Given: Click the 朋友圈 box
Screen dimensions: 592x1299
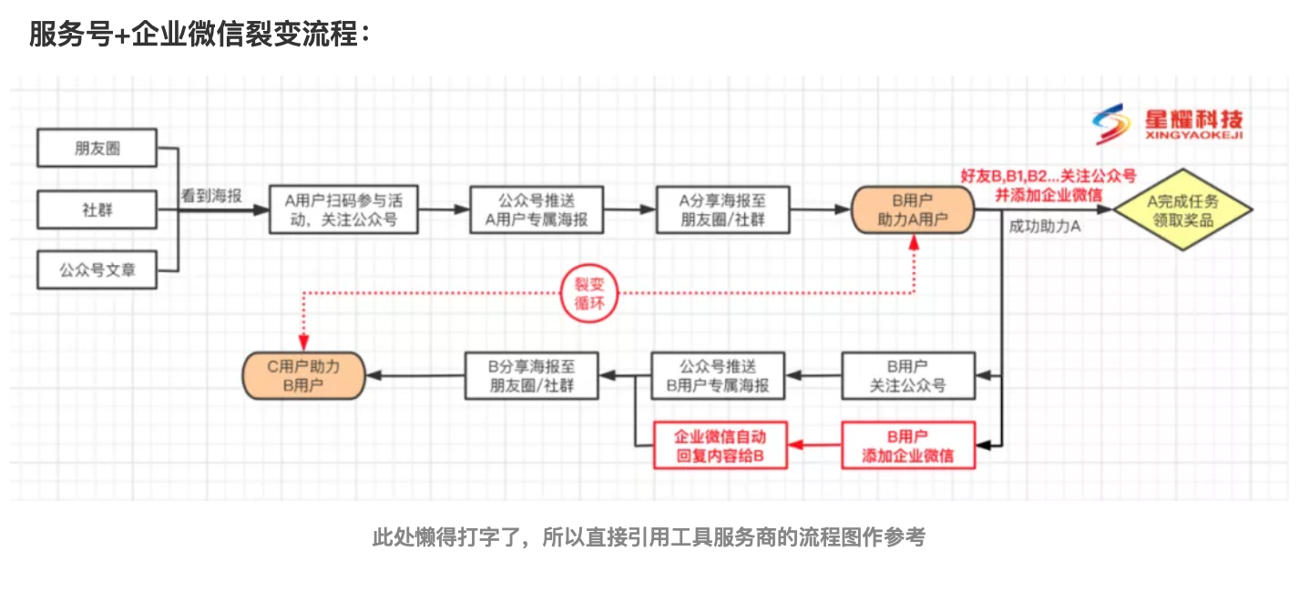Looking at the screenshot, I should (97, 148).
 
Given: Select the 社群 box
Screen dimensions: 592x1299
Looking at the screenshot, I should (97, 209).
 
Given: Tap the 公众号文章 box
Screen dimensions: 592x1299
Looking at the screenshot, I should (97, 270).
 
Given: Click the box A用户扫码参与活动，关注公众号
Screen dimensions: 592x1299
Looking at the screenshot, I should (343, 210).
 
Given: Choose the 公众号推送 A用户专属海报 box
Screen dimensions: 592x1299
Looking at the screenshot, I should (537, 210).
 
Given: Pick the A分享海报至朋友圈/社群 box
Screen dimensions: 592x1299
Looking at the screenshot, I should (722, 210).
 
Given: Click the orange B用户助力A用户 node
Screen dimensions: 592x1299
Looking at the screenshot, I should (912, 210).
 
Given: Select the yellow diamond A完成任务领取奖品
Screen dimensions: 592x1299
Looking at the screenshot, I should (1181, 210).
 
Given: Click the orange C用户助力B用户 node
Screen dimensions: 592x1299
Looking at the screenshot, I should (303, 375).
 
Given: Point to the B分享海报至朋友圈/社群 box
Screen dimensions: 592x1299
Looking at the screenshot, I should (532, 375).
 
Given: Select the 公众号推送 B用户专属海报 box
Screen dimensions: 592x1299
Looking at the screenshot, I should (718, 375).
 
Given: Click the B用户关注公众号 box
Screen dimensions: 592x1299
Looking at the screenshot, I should (907, 375).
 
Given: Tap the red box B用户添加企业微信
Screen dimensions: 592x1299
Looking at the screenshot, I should (907, 445).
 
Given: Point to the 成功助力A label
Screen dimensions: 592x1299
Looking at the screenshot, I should (1044, 227).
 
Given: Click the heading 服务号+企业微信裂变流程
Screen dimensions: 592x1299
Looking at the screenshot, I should (199, 35).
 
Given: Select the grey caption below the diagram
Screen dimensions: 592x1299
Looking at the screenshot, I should (649, 537).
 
